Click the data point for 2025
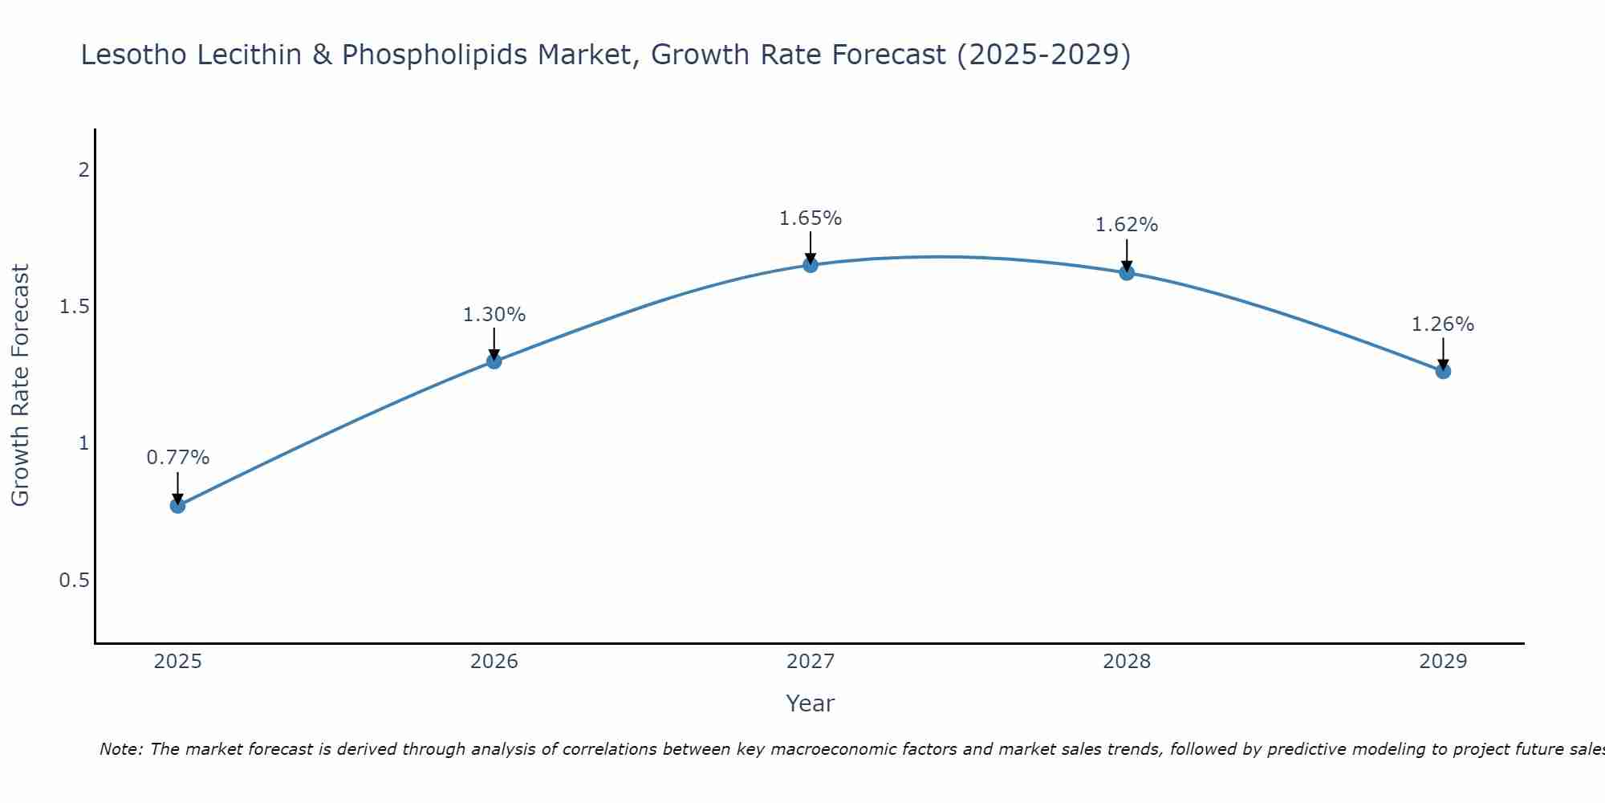click(x=177, y=505)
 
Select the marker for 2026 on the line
click(x=494, y=361)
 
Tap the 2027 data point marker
click(x=811, y=265)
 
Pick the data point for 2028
click(x=1127, y=273)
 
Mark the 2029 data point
click(x=1443, y=371)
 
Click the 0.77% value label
click(x=177, y=458)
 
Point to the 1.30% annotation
click(x=494, y=315)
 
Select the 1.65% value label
click(x=811, y=218)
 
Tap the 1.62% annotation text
click(x=1127, y=225)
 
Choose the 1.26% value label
click(x=1443, y=324)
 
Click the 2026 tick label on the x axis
click(x=494, y=662)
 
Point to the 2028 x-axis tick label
click(x=1127, y=662)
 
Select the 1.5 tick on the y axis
click(x=74, y=307)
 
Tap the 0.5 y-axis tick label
click(x=74, y=580)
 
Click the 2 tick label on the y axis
click(x=83, y=170)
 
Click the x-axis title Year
click(x=811, y=703)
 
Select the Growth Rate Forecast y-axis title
click(x=20, y=385)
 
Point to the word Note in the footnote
click(x=120, y=749)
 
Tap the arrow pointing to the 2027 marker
click(x=811, y=247)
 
